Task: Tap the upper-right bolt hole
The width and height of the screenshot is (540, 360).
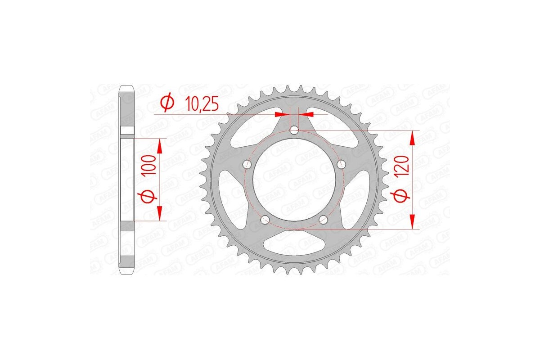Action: pos(341,164)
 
